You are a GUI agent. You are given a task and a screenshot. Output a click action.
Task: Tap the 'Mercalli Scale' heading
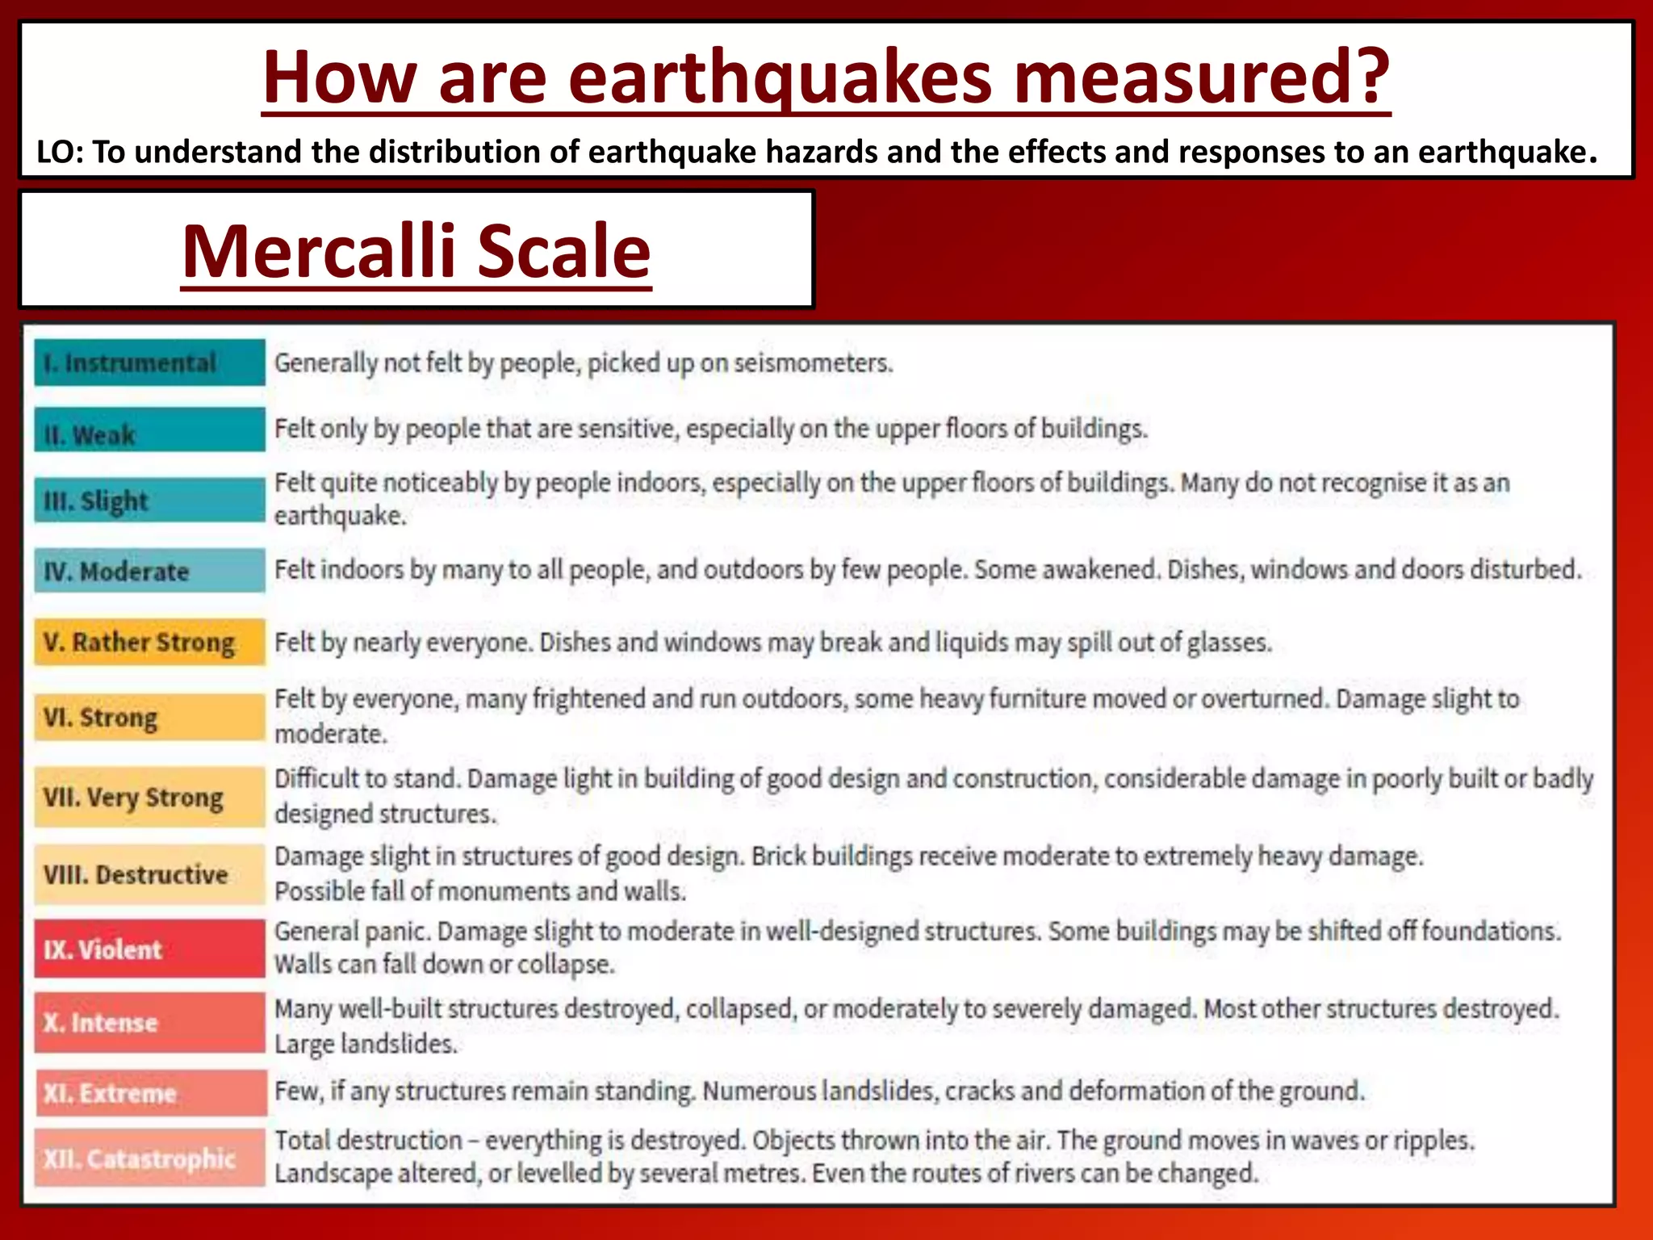coord(416,251)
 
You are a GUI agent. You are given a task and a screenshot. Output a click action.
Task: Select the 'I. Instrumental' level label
coord(130,363)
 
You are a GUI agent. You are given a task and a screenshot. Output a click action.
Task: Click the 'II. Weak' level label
coord(90,435)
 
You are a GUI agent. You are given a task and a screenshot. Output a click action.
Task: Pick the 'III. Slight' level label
coord(96,501)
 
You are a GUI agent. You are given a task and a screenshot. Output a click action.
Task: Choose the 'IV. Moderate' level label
coord(116,572)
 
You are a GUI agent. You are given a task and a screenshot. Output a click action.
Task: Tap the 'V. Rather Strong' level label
coord(139,643)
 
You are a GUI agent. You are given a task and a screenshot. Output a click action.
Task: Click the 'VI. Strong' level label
coord(101,717)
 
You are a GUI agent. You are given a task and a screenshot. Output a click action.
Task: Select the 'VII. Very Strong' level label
coord(133,798)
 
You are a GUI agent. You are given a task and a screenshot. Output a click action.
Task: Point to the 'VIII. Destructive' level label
coord(136,874)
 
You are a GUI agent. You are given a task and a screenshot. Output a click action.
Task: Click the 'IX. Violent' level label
coord(103,949)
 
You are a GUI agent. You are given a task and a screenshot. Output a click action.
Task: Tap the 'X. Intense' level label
coord(100,1023)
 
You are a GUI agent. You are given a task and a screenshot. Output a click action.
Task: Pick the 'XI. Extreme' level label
coord(110,1093)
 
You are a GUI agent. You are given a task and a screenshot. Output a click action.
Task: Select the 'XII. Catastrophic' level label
coord(139,1158)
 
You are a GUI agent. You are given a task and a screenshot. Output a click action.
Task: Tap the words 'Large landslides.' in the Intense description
coord(366,1044)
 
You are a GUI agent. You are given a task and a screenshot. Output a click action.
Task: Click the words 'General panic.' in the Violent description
coord(352,932)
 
